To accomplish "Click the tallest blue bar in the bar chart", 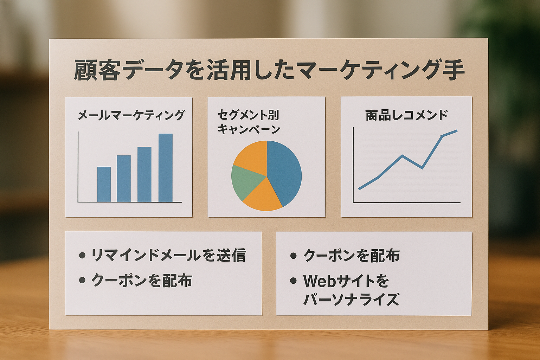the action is [166, 168].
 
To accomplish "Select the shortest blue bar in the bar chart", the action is [104, 184].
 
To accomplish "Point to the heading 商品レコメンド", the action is [406, 115].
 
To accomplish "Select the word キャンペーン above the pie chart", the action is [249, 129].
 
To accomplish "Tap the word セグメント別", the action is [248, 115].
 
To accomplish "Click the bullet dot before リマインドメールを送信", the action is [82, 255].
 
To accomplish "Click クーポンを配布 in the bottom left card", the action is [142, 280].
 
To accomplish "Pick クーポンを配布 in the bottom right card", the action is [351, 255].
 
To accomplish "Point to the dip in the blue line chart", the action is [422, 168].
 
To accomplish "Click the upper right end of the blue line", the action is [457, 131].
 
